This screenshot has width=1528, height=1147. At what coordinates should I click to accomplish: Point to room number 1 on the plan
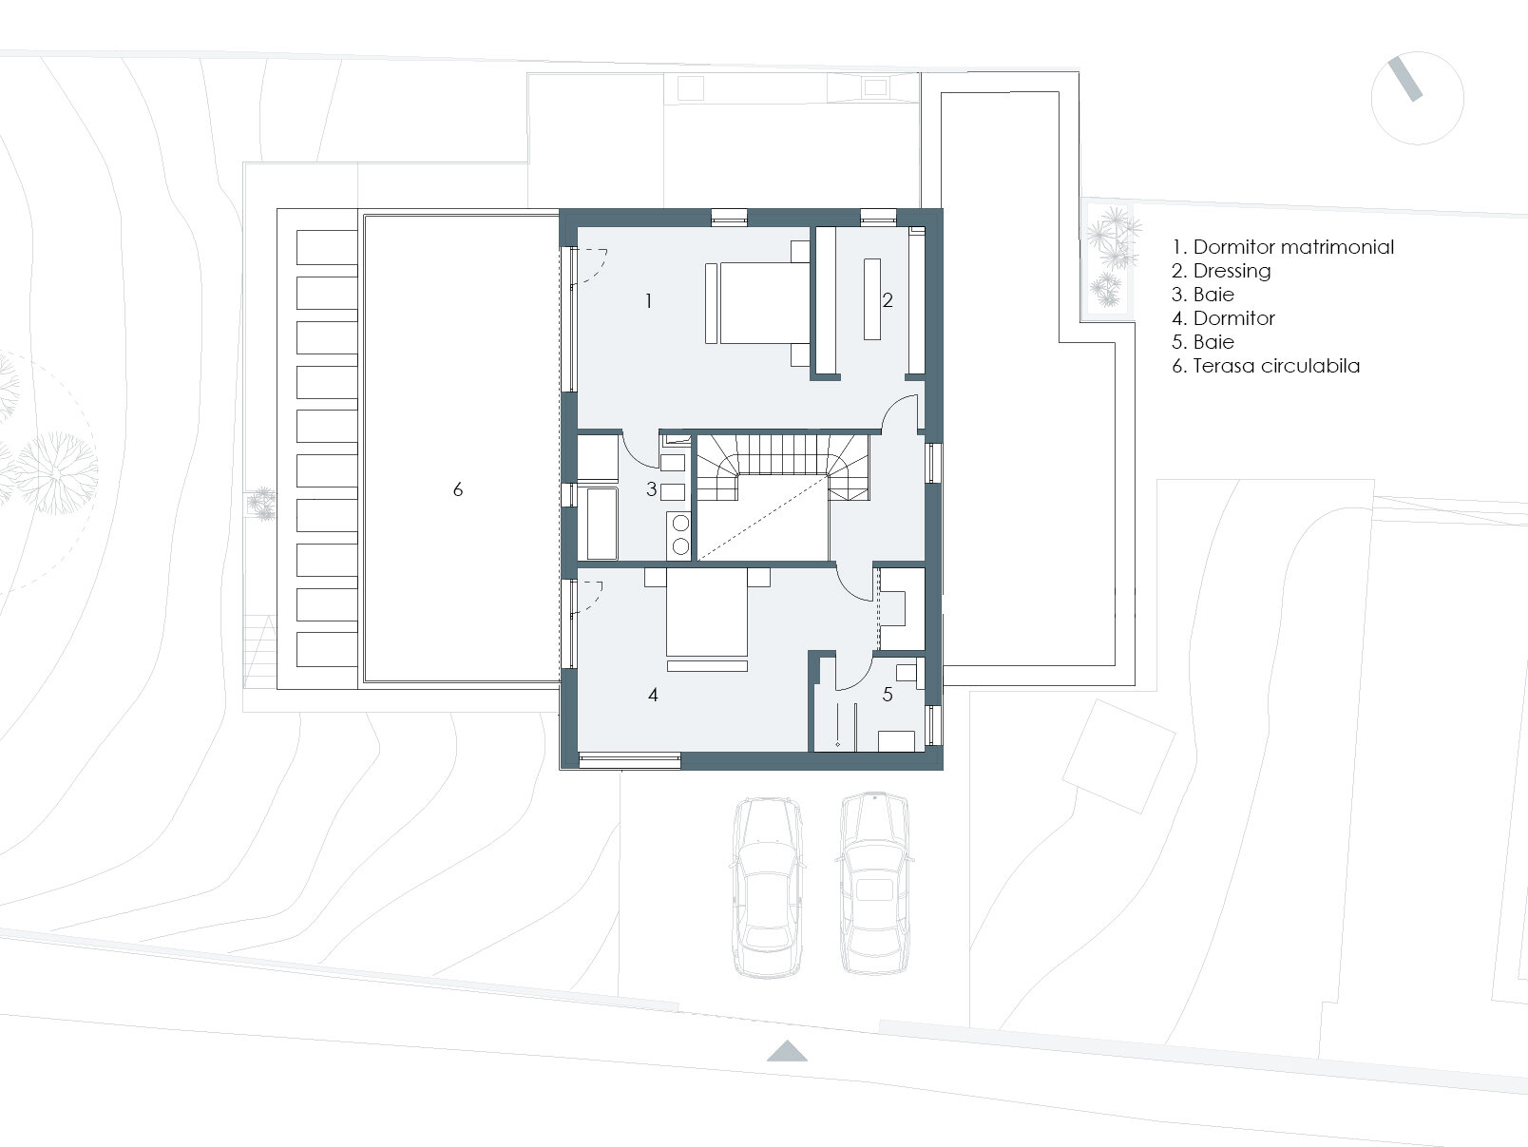(649, 300)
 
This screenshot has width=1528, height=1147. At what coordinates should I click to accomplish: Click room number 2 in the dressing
(887, 300)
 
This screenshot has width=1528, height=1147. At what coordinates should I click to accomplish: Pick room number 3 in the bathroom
(652, 489)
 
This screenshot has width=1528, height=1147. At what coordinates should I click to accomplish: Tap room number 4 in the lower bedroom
(653, 694)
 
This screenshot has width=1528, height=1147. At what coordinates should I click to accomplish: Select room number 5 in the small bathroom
(888, 694)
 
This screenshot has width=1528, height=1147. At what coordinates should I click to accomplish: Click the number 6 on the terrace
(457, 489)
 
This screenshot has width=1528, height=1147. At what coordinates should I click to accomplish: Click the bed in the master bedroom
(764, 303)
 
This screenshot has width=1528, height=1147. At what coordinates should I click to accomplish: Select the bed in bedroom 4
(707, 613)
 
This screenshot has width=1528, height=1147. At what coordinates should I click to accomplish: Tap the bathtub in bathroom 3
(602, 524)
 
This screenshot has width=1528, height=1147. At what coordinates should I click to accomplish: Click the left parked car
(767, 889)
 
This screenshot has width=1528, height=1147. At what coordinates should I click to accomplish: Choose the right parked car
(874, 884)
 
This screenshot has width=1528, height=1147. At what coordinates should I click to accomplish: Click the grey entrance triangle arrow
(787, 1052)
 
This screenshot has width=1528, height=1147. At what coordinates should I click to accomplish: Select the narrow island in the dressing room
(872, 299)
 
